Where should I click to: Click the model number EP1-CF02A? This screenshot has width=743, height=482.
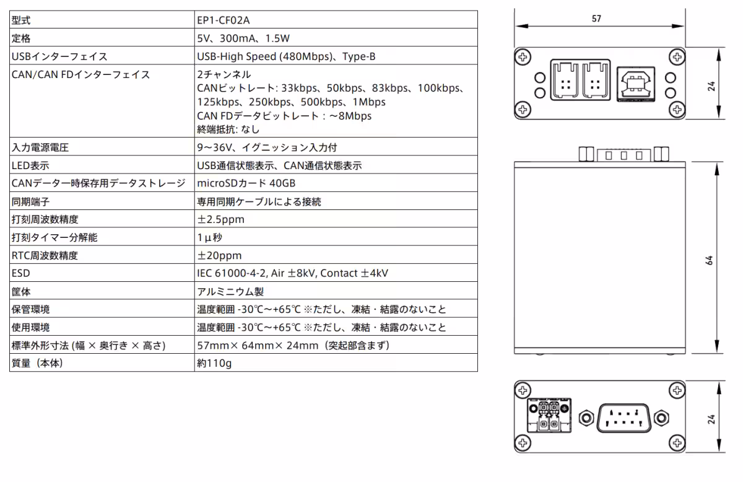tap(224, 20)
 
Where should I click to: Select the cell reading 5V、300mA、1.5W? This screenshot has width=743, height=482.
tap(243, 38)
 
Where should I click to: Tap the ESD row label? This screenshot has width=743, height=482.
tap(20, 273)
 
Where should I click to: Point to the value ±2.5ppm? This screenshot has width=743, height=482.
tap(220, 219)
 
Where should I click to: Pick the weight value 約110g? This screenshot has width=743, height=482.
tap(214, 363)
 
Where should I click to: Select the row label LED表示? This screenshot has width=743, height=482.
tap(30, 165)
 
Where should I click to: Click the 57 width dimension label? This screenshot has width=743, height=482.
tap(596, 19)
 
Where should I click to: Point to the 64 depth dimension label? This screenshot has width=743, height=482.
tap(709, 260)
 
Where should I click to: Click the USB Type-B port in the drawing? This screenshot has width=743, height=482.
tap(636, 84)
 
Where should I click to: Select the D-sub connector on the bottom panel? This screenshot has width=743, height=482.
tap(624, 418)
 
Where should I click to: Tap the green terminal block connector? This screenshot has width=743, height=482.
tap(549, 415)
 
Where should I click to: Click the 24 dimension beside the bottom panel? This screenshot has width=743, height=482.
tap(711, 419)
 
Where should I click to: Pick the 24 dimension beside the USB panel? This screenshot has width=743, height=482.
tap(711, 86)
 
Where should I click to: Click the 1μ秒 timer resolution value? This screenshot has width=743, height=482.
tap(210, 237)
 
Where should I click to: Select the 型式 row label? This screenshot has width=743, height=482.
tap(21, 20)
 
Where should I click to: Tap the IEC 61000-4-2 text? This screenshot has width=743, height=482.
tap(232, 273)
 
